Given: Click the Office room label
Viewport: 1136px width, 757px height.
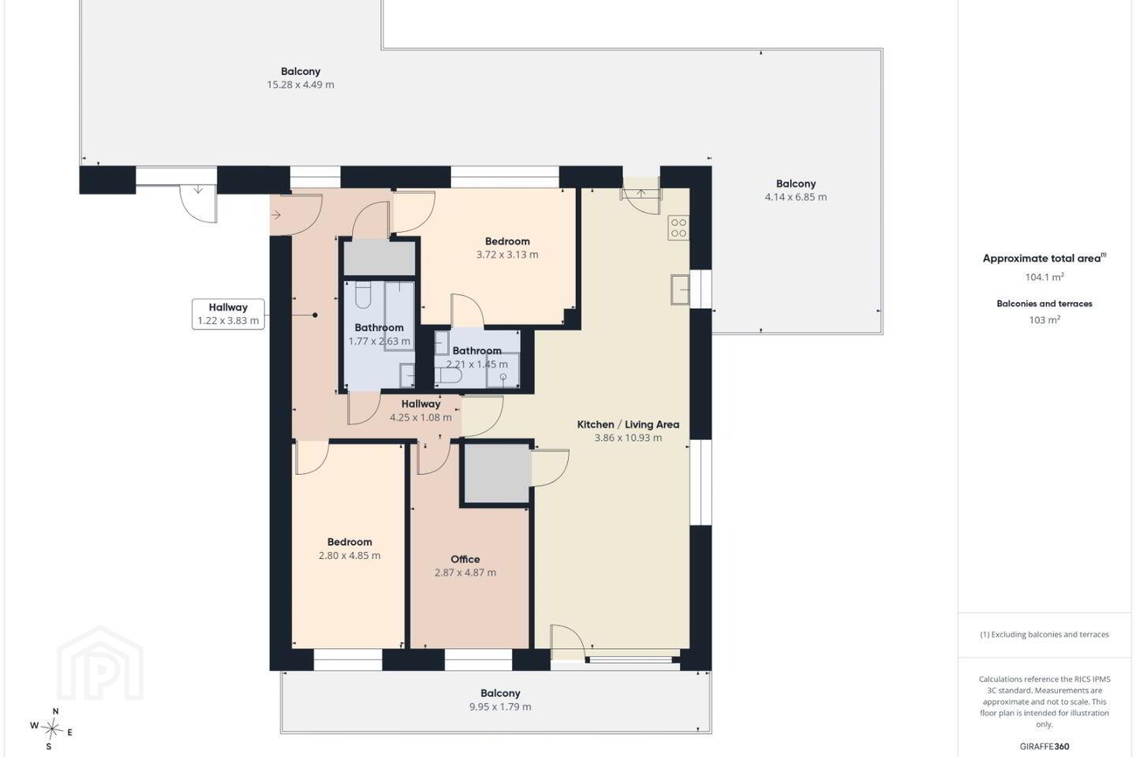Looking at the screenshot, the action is (x=465, y=559).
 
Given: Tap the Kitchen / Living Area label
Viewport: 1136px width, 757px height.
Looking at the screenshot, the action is (x=628, y=424).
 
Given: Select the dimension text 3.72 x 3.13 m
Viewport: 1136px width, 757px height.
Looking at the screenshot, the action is (x=507, y=255).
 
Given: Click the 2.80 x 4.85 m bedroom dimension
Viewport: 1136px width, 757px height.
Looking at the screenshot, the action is (x=349, y=555).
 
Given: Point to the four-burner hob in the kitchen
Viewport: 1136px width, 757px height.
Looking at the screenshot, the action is (x=678, y=228).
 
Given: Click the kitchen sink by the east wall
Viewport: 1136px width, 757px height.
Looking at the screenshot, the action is (x=680, y=289).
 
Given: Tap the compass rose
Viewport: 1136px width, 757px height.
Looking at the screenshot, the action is (x=52, y=729).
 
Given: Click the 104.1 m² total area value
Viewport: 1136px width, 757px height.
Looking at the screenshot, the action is (x=1044, y=277).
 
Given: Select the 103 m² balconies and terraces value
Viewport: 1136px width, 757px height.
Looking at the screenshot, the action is (x=1044, y=320).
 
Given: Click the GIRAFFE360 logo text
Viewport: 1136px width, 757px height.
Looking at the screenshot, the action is (x=1044, y=746).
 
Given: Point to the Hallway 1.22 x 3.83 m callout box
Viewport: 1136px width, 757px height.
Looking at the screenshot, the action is (x=228, y=314).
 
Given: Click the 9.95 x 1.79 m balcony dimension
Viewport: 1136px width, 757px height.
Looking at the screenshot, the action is (x=500, y=707).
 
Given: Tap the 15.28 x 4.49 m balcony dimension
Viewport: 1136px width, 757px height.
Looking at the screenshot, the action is (x=301, y=84).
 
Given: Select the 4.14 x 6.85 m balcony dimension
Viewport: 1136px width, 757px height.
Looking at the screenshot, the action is (x=796, y=196).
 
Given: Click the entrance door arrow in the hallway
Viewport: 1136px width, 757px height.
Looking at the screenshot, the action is (x=276, y=215).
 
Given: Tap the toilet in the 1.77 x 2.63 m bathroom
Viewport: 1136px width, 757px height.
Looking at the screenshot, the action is (x=363, y=295).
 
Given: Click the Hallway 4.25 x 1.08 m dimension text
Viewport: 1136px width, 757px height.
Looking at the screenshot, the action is (x=420, y=417).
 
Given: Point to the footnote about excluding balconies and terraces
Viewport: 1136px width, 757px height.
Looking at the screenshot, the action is (x=1044, y=634).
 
